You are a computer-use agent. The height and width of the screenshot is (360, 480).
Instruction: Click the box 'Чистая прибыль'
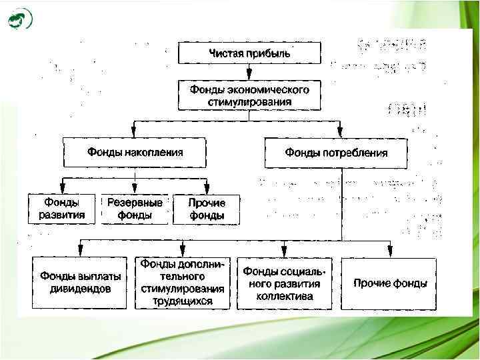coord(249,53)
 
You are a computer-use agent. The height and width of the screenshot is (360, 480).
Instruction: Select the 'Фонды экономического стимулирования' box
coord(249,95)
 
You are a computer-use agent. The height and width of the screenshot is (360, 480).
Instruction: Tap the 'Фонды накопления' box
coord(135,153)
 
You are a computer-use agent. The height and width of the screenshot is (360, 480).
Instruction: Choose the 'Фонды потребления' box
coord(336,153)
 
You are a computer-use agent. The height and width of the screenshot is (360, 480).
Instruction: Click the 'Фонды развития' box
coord(61,209)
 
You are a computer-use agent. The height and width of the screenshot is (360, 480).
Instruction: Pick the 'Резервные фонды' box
coord(135,209)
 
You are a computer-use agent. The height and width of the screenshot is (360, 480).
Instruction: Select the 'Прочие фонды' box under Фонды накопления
coord(207,209)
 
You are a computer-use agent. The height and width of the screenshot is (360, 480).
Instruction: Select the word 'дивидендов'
coord(81,289)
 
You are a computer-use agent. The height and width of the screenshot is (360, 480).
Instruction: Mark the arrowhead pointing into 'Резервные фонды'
coord(135,189)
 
